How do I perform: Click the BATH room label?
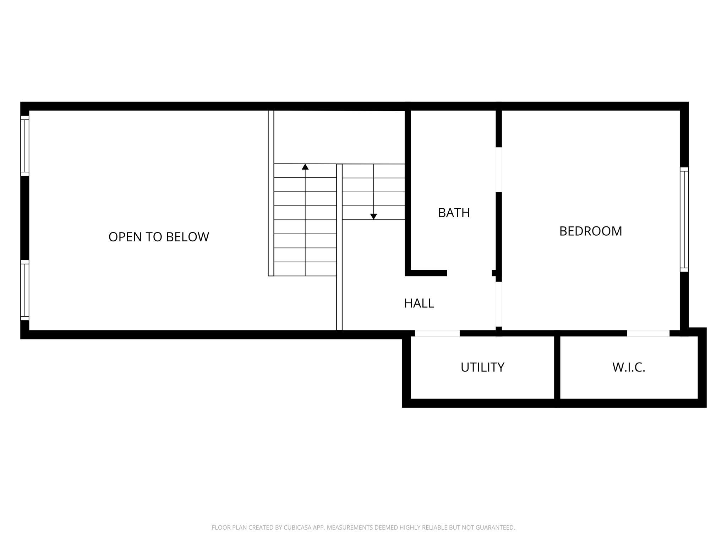(454, 213)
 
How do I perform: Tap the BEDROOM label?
(590, 231)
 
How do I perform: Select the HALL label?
(419, 303)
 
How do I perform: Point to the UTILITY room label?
(482, 367)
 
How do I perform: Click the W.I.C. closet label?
(628, 367)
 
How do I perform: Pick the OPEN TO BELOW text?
(159, 237)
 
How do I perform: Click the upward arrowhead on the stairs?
(305, 167)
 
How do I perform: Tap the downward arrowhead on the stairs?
(373, 216)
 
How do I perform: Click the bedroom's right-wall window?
(684, 219)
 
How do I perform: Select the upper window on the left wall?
(24, 146)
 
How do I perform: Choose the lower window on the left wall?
(24, 290)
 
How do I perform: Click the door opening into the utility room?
(437, 333)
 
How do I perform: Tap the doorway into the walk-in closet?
(648, 333)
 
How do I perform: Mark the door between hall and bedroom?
(499, 304)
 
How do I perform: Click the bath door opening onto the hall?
(469, 273)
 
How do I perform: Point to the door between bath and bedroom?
(499, 170)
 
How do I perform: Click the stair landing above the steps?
(339, 137)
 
